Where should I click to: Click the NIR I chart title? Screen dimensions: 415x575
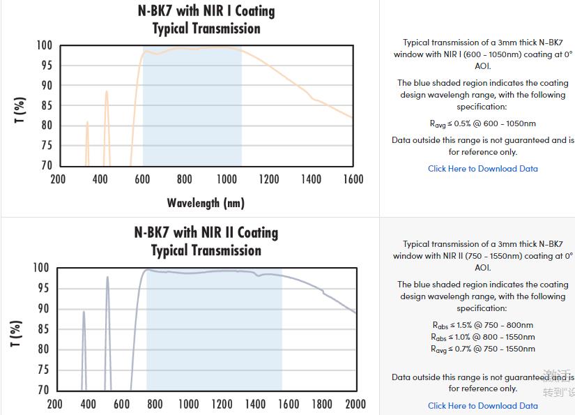click(206, 20)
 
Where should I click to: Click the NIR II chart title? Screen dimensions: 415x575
click(206, 241)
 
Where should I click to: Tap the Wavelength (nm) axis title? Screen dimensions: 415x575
click(206, 203)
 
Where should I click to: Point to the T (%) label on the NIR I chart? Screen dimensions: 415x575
click(20, 110)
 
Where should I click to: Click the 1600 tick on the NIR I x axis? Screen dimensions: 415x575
click(353, 179)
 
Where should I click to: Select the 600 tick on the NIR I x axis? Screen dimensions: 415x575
click(142, 179)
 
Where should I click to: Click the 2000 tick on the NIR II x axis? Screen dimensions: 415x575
click(355, 404)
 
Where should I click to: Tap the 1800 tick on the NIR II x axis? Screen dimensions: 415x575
click(322, 404)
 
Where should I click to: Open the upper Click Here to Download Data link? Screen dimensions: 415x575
click(482, 169)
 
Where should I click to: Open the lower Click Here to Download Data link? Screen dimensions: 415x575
click(482, 406)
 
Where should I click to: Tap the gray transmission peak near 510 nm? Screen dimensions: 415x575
click(107, 278)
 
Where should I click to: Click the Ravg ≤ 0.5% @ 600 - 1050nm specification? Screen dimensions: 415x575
click(482, 123)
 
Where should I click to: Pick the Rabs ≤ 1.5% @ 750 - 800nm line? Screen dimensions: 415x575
click(482, 325)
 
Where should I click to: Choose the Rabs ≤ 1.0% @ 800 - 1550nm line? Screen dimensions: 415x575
click(482, 337)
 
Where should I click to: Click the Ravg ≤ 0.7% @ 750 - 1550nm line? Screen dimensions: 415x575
click(482, 349)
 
